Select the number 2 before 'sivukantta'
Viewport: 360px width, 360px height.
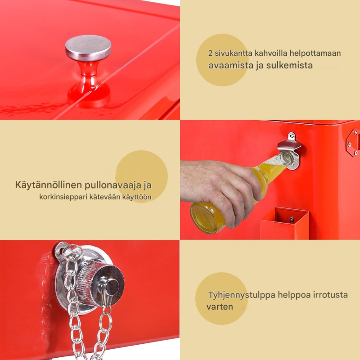pyautogui.click(x=211, y=53)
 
